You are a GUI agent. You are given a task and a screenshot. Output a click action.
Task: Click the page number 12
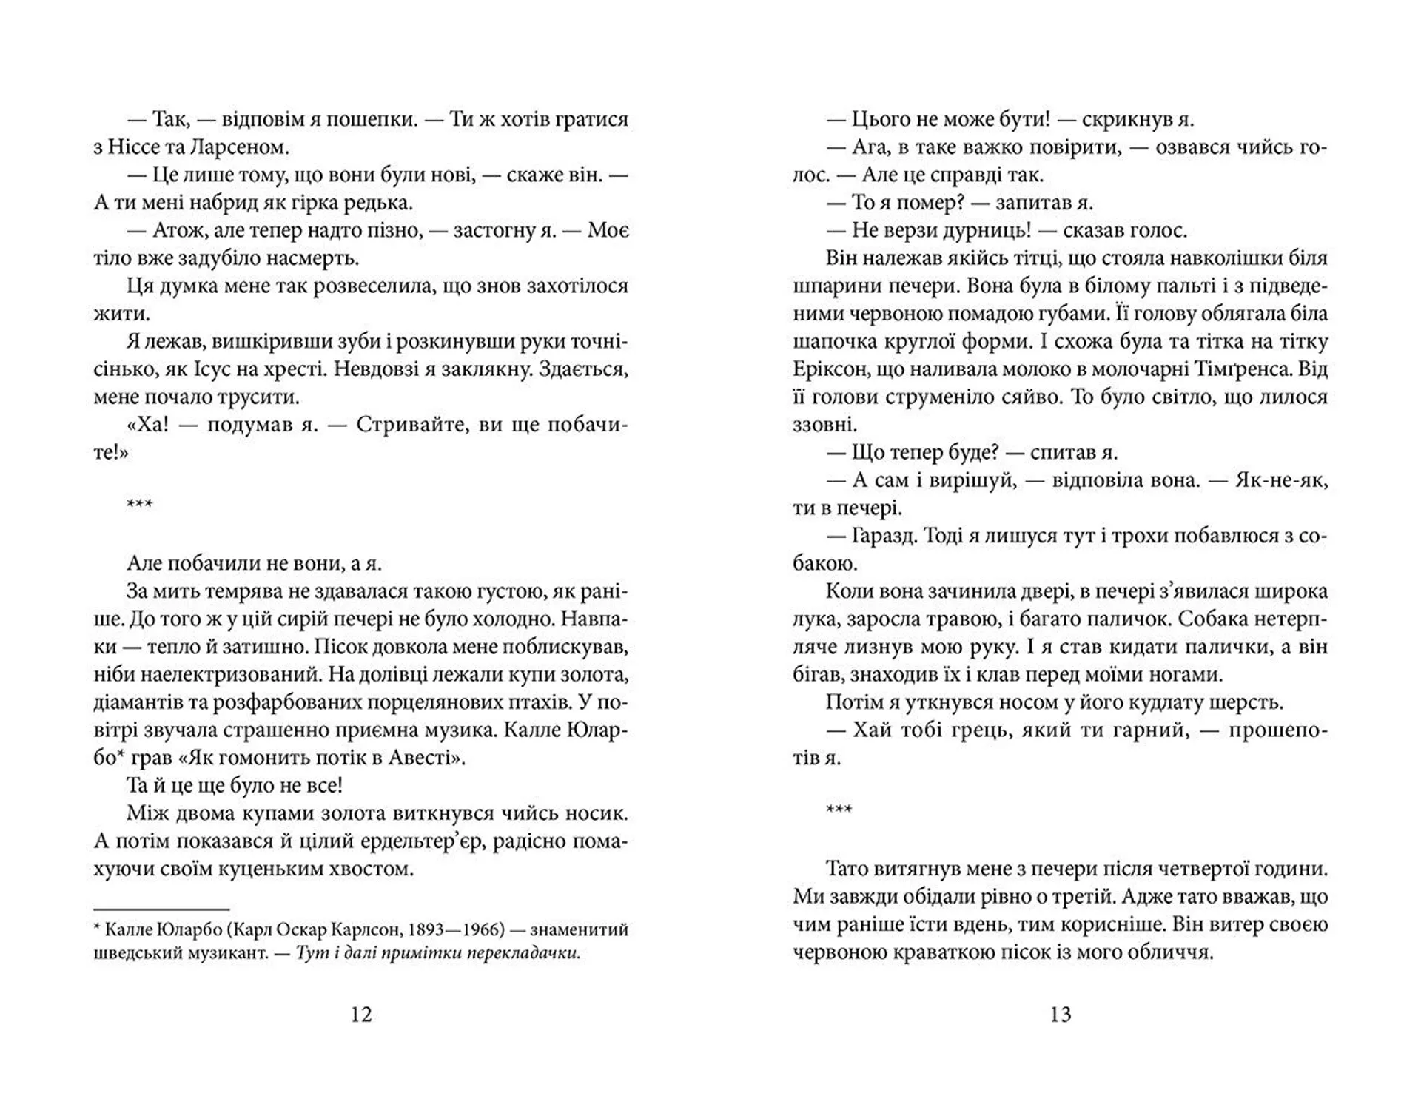pos(360,1014)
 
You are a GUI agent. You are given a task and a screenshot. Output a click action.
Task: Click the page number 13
pos(1060,1014)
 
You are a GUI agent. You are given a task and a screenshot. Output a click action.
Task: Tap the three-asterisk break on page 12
pos(140,505)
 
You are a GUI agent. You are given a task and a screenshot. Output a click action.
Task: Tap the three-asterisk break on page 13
pos(839,809)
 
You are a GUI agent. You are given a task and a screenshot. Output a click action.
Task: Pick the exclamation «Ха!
pos(141,425)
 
